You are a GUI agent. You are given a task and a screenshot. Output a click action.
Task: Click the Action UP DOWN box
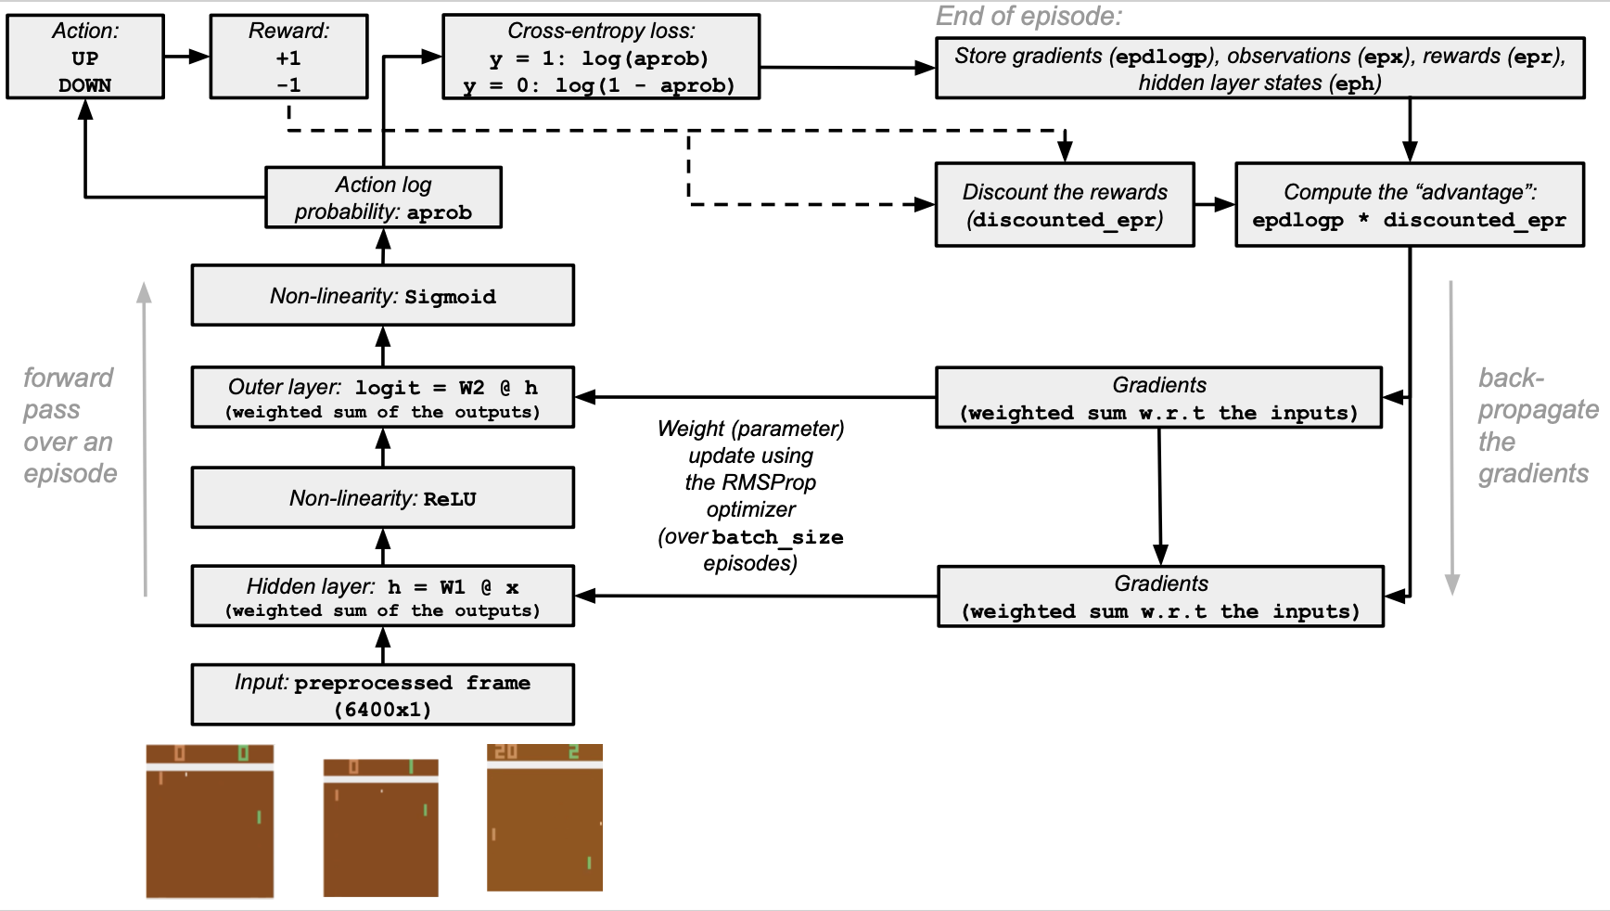[x=85, y=57]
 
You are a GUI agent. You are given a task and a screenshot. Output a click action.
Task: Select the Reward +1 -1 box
[x=288, y=57]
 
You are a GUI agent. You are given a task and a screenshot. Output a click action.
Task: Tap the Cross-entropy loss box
[x=601, y=57]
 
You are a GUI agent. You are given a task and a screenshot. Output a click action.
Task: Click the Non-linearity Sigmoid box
[x=382, y=295]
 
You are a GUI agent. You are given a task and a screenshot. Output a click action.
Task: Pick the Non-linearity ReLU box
[x=382, y=498]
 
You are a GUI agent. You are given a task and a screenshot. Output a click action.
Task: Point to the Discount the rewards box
[x=1065, y=205]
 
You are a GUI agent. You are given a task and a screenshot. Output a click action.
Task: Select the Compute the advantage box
[x=1409, y=205]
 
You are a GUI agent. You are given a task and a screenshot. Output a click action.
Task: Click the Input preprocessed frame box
[x=382, y=695]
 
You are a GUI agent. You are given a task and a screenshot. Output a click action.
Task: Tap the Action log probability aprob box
[x=383, y=198]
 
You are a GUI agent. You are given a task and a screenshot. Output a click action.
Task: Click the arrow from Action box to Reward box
[x=186, y=57]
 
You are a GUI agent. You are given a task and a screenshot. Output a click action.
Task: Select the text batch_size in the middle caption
[x=777, y=537]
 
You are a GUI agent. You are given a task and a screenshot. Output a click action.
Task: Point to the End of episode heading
[x=1029, y=17]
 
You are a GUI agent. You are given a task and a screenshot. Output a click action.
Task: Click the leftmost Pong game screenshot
[x=210, y=821]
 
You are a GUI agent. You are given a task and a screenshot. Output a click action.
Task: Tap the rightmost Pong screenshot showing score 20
[x=544, y=817]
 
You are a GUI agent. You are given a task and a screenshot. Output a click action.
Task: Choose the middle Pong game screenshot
[x=380, y=828]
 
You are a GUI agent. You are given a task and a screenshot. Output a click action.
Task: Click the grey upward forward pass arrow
[x=145, y=436]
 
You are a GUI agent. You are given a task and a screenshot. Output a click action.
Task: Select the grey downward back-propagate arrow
[x=1451, y=436]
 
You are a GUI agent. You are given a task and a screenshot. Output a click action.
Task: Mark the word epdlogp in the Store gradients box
[x=1162, y=57]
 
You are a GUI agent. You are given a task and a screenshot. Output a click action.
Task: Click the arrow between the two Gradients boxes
[x=1159, y=496]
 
